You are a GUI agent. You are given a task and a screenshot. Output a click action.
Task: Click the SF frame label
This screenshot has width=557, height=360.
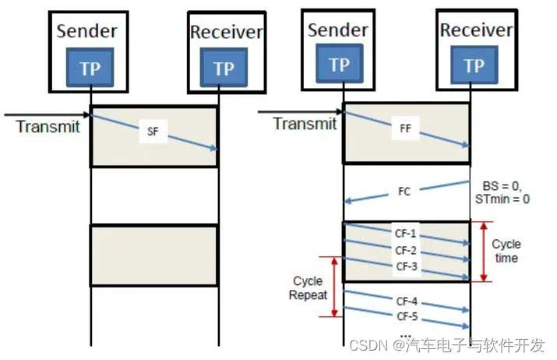(153, 132)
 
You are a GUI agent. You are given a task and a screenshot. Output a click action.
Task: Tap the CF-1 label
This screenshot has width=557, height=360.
(406, 234)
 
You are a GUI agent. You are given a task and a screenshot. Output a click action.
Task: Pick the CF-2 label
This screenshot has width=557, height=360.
(406, 250)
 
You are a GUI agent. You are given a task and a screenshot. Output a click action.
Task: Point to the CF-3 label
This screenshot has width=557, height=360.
(406, 266)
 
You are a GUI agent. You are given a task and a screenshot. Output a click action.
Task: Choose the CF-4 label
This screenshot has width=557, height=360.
(406, 300)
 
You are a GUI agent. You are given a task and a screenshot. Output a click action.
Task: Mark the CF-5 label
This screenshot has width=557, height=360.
(406, 316)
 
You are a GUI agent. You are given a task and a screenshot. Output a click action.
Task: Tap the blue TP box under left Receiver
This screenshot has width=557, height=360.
(224, 69)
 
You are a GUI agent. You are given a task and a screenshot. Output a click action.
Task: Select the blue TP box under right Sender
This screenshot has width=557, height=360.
(339, 65)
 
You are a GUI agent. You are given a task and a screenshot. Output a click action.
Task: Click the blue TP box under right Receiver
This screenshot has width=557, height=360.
(474, 66)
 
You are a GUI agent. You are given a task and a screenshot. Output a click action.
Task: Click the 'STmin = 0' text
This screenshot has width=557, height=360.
(502, 199)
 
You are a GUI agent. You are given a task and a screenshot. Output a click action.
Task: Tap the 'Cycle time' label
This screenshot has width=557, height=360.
(506, 251)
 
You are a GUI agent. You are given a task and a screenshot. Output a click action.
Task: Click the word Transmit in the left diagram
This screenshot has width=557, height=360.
(48, 127)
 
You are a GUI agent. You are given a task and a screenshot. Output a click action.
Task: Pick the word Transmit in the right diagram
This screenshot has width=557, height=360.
(305, 124)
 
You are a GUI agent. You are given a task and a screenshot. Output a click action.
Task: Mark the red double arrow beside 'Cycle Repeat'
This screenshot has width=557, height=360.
(336, 287)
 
